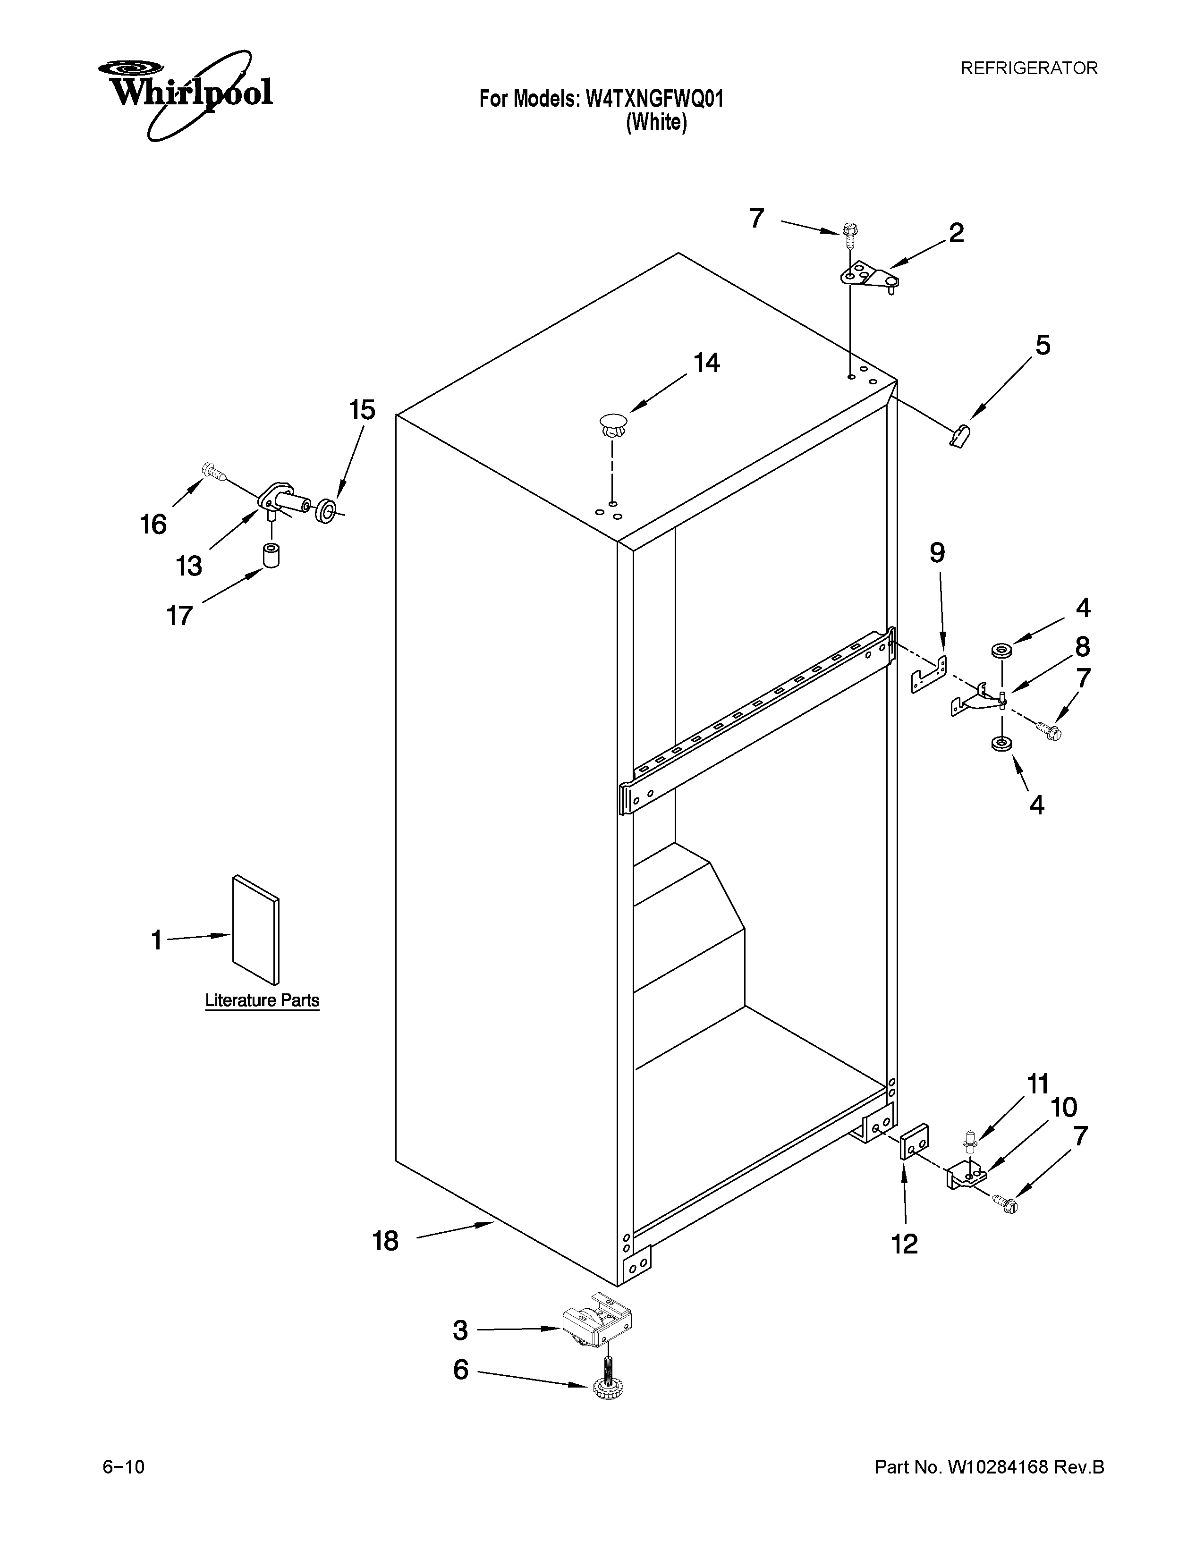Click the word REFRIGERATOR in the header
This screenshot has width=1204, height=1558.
(1028, 68)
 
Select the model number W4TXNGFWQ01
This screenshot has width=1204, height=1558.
(654, 99)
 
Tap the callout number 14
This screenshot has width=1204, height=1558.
(707, 364)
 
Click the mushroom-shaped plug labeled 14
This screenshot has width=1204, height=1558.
(612, 426)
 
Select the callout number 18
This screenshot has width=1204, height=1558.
(385, 1241)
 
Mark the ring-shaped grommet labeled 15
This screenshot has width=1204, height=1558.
(326, 511)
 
